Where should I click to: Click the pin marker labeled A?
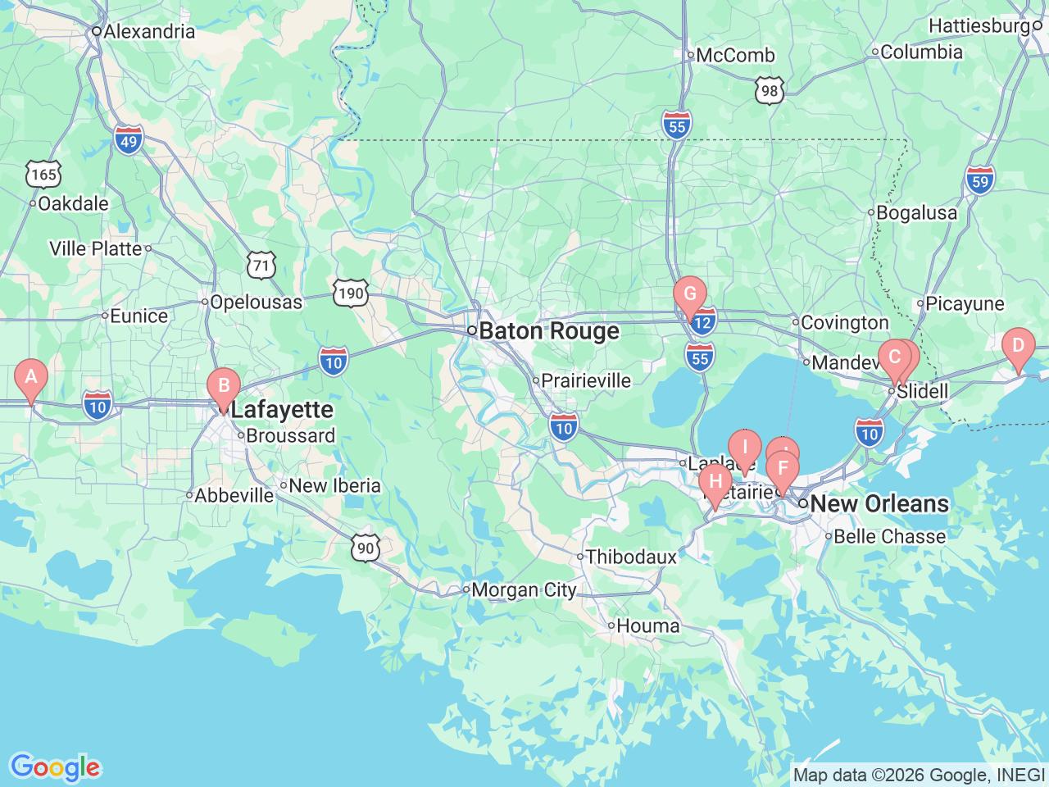click(x=31, y=377)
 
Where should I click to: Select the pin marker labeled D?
click(x=1018, y=346)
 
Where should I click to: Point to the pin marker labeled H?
click(x=715, y=482)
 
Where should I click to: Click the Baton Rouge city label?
click(x=549, y=331)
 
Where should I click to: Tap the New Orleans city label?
click(x=879, y=503)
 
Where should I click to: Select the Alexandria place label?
click(x=149, y=31)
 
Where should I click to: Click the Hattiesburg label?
click(x=979, y=26)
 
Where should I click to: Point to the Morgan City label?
click(x=524, y=589)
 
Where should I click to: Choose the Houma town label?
click(x=647, y=626)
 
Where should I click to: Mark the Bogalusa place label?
click(x=916, y=212)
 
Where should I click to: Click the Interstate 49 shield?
click(x=129, y=141)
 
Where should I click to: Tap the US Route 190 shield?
click(x=351, y=293)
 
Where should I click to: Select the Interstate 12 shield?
click(x=703, y=322)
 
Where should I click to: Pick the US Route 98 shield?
click(x=769, y=90)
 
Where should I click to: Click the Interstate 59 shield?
click(x=980, y=181)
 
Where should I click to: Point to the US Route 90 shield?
click(x=366, y=548)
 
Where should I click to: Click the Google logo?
click(x=55, y=767)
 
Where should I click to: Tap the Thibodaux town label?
click(x=631, y=557)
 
